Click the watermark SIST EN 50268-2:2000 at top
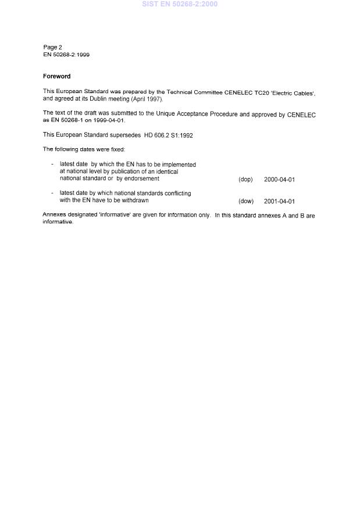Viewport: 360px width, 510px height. point(180,4)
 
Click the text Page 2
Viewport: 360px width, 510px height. point(52,47)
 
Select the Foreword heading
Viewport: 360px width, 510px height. point(56,76)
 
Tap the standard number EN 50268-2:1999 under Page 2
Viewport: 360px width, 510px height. point(66,55)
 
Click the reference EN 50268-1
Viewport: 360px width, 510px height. point(67,121)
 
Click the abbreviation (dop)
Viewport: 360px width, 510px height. point(245,180)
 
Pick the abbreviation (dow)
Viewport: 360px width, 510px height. point(246,201)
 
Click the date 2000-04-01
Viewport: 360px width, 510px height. point(279,180)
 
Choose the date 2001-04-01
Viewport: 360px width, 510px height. point(279,201)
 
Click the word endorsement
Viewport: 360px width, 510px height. point(141,179)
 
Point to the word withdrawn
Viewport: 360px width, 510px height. point(134,200)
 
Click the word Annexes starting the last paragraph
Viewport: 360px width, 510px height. point(55,215)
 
